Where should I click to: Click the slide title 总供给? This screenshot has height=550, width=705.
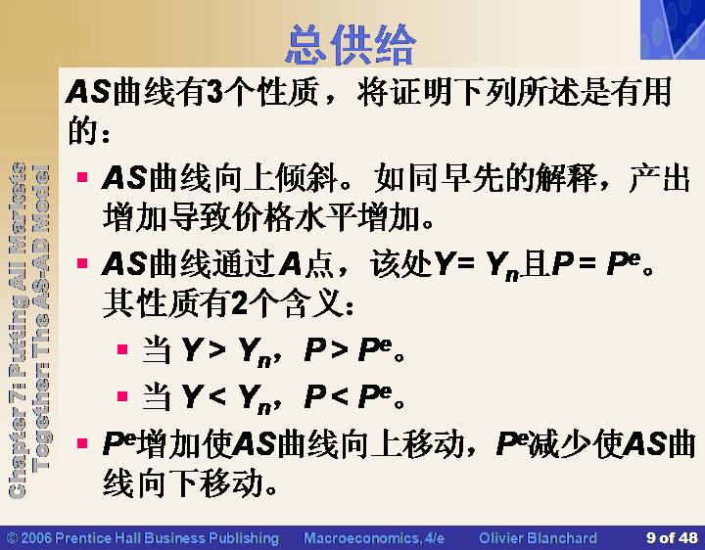[351, 44]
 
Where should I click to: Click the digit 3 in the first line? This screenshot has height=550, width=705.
[215, 92]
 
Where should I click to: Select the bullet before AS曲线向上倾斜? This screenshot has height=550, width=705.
[82, 176]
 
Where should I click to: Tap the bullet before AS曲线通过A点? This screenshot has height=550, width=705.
[82, 262]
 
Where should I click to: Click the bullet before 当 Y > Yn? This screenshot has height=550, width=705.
[122, 349]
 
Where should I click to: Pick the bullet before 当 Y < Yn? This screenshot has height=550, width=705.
[122, 396]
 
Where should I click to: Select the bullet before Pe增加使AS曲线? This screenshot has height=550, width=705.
[82, 444]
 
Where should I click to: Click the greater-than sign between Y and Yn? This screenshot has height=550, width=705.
[217, 349]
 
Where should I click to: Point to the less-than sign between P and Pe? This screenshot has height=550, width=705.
[340, 396]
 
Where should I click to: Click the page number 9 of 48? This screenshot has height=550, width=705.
[672, 537]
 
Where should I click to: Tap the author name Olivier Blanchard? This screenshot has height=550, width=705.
[538, 537]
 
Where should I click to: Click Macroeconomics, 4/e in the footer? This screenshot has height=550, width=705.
[374, 537]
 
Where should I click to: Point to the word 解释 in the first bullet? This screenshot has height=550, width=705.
[567, 177]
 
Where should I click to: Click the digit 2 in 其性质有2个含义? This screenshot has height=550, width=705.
[240, 303]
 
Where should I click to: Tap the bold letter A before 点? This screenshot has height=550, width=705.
[290, 263]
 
